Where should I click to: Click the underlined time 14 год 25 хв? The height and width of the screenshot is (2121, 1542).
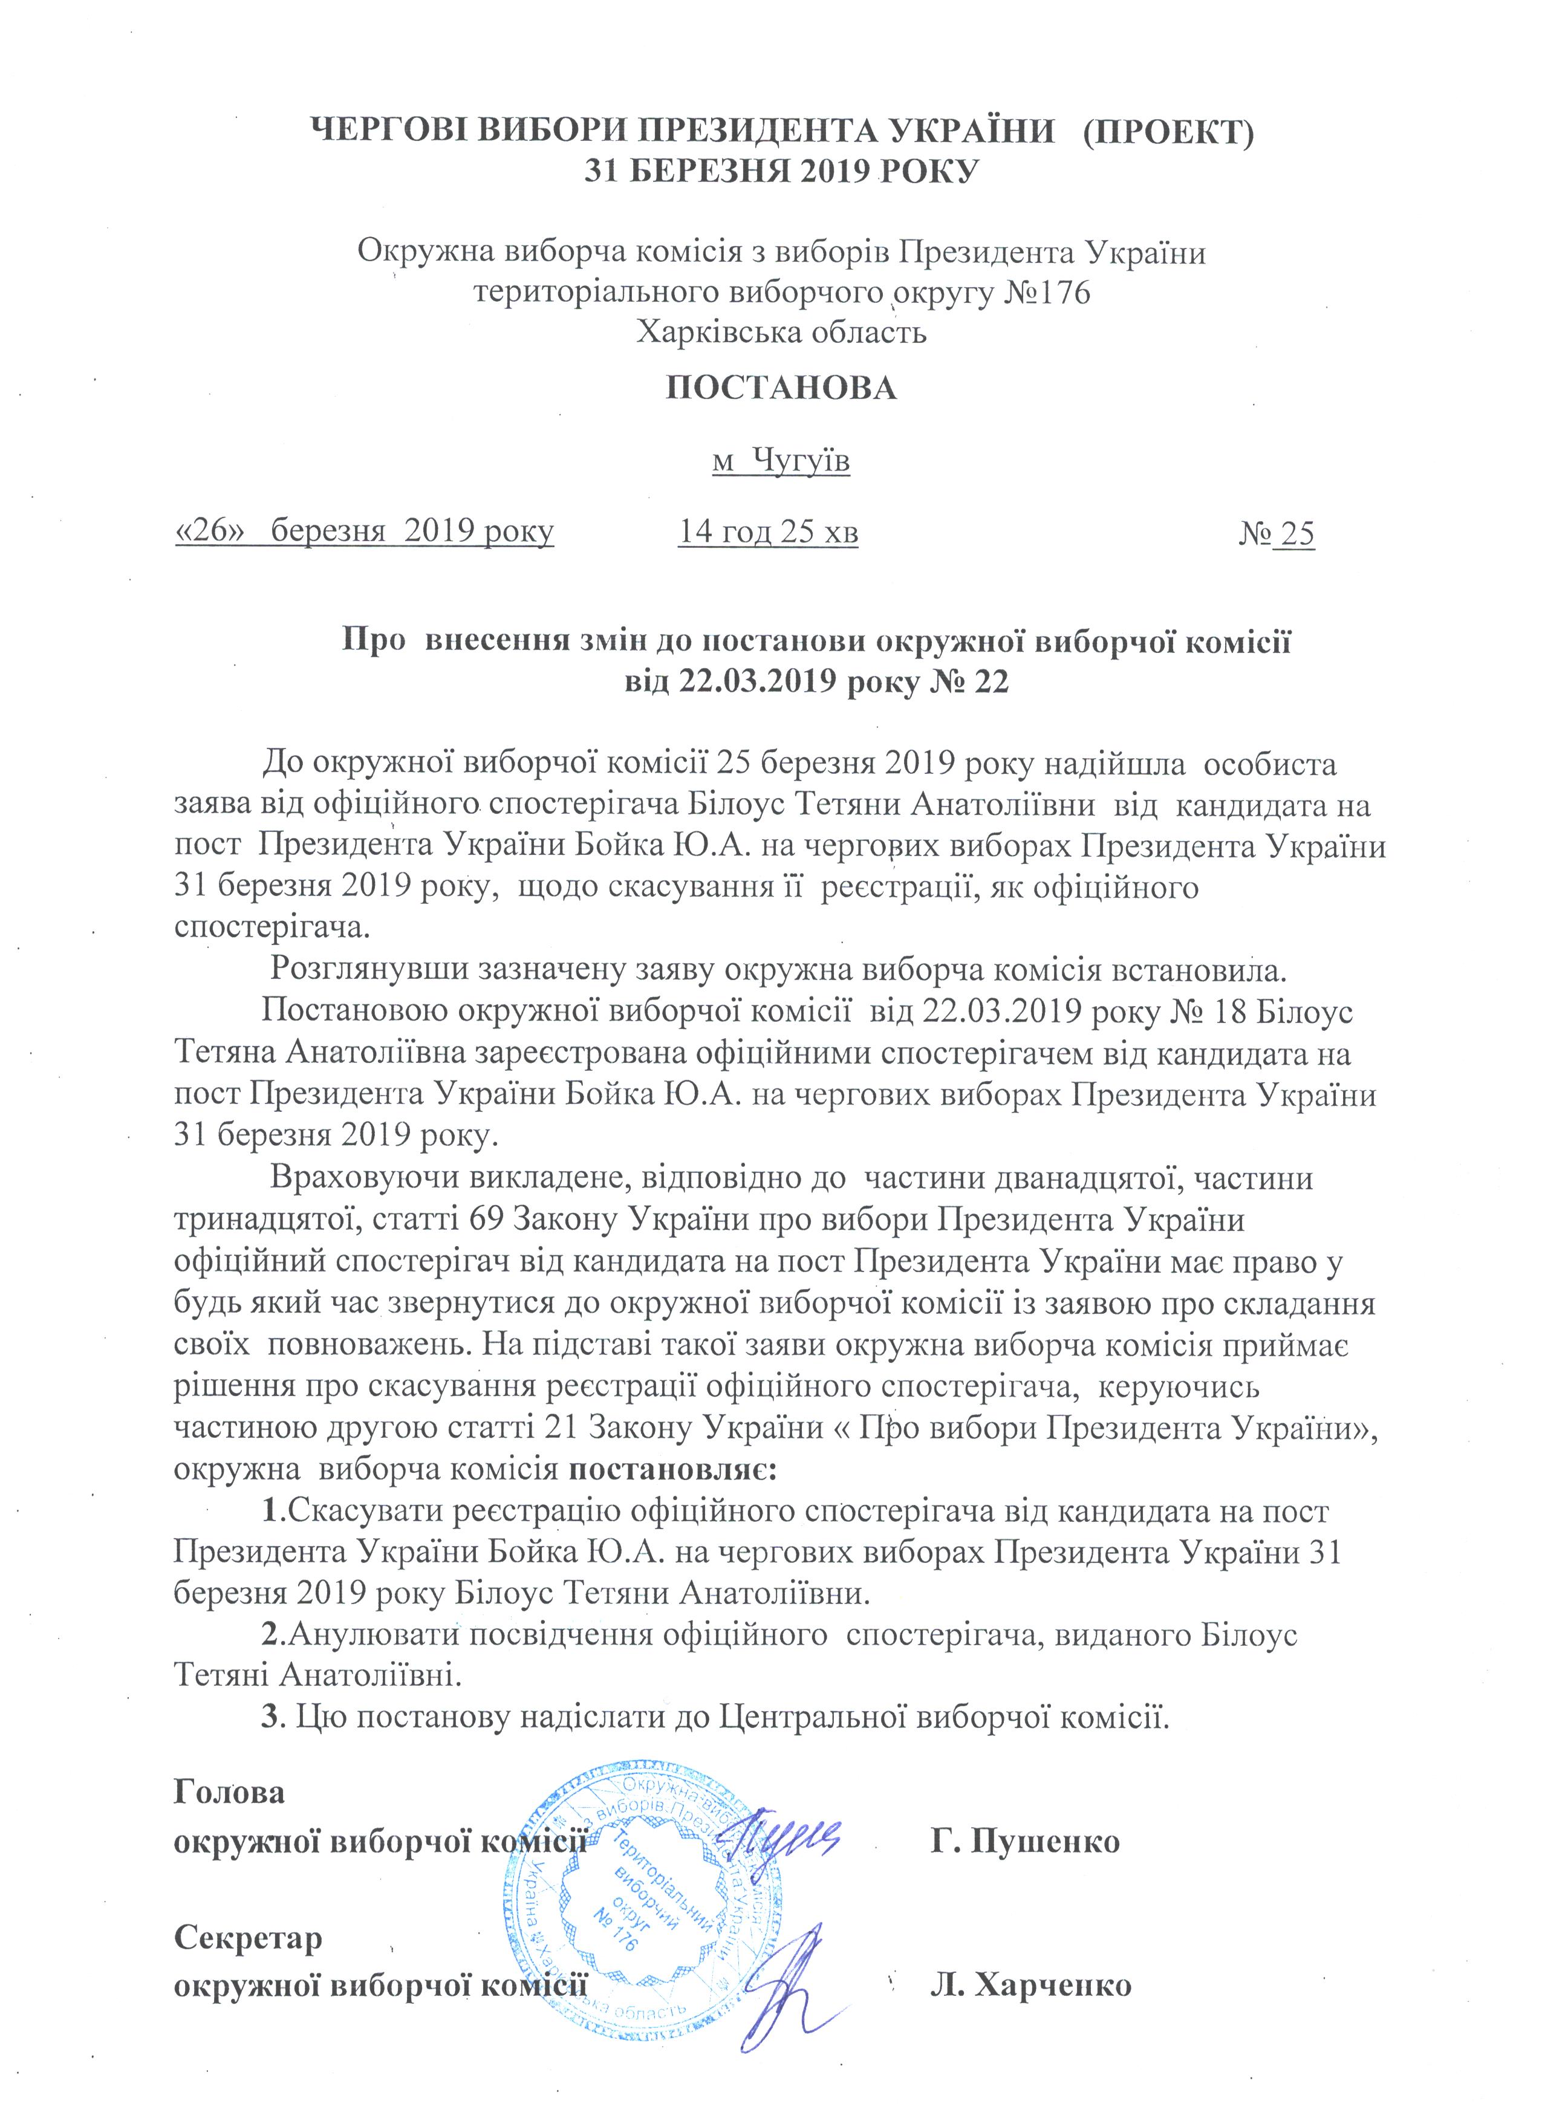pyautogui.click(x=768, y=533)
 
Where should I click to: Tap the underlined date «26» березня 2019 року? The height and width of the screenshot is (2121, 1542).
pyautogui.click(x=365, y=533)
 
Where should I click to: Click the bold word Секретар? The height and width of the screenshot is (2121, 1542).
pyautogui.click(x=248, y=1938)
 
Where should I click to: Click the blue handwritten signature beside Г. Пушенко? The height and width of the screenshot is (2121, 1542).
pyautogui.click(x=790, y=1835)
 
